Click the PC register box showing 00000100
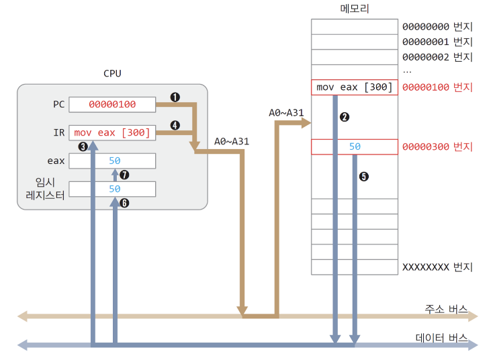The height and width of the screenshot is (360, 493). [112, 104]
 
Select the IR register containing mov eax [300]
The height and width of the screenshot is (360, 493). [112, 132]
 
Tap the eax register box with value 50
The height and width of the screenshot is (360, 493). [112, 161]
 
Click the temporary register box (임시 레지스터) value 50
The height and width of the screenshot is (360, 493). [112, 189]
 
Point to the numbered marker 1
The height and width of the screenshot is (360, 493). [175, 97]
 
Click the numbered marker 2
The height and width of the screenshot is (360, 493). [345, 117]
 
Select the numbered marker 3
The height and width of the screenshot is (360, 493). [83, 146]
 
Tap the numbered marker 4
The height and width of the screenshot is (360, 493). [175, 126]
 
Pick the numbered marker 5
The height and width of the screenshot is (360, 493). [364, 177]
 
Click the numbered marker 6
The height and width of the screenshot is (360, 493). [124, 202]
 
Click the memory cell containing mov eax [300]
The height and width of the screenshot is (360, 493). [354, 87]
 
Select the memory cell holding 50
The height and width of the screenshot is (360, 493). [354, 146]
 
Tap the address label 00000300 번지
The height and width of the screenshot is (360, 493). [437, 146]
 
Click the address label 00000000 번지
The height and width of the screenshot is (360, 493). [437, 28]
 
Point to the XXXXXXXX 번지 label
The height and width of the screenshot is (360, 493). [437, 267]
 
